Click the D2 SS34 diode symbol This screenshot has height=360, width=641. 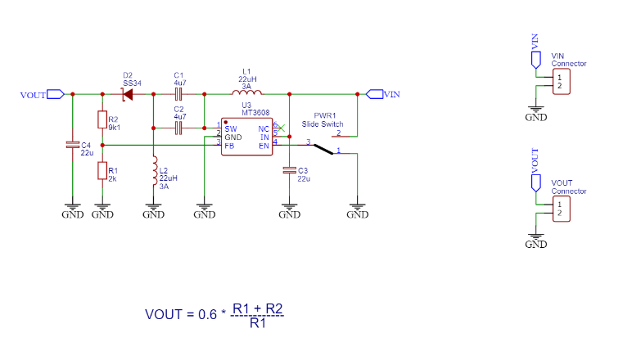(128, 95)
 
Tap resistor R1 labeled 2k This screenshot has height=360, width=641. (102, 170)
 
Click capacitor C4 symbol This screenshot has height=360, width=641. (72, 146)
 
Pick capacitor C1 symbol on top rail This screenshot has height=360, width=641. (178, 95)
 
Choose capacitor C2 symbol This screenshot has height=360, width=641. (178, 128)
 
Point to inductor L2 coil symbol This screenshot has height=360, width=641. (153, 172)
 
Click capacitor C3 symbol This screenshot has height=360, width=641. (288, 170)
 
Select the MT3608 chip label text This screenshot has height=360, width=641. (255, 113)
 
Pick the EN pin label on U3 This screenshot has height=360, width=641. (264, 145)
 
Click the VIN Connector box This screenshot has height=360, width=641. (561, 82)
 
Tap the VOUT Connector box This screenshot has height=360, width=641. (561, 209)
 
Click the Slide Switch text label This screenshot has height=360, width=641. (323, 124)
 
